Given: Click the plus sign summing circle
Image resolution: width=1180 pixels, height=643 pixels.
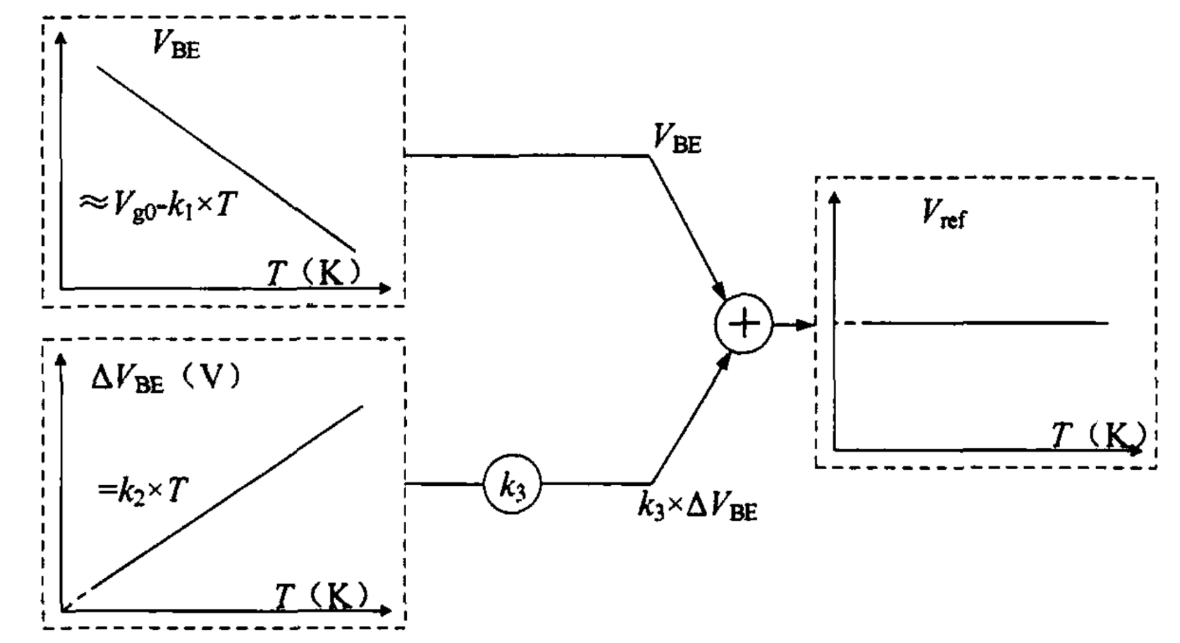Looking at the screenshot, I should coord(743,324).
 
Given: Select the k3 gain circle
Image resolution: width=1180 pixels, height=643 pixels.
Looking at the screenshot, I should coord(512,486).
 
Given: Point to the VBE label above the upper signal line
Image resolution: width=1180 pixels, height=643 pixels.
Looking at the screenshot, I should coord(677,139).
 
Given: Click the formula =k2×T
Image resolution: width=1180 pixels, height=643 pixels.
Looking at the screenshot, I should coord(143,490).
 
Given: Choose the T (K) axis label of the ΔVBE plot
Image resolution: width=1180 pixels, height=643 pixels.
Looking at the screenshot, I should coord(322,595).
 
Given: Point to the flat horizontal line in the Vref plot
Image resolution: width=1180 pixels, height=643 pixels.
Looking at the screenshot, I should coord(985,323).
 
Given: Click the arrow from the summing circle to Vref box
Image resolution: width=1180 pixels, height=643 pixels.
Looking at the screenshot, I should coord(793,325).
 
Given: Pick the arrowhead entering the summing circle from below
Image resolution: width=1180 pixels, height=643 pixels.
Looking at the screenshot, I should coord(724,362).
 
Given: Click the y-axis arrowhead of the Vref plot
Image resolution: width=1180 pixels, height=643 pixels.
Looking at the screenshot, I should coord(834,198).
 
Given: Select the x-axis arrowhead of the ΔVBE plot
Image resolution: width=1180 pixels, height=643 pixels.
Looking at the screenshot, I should coord(385,610).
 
